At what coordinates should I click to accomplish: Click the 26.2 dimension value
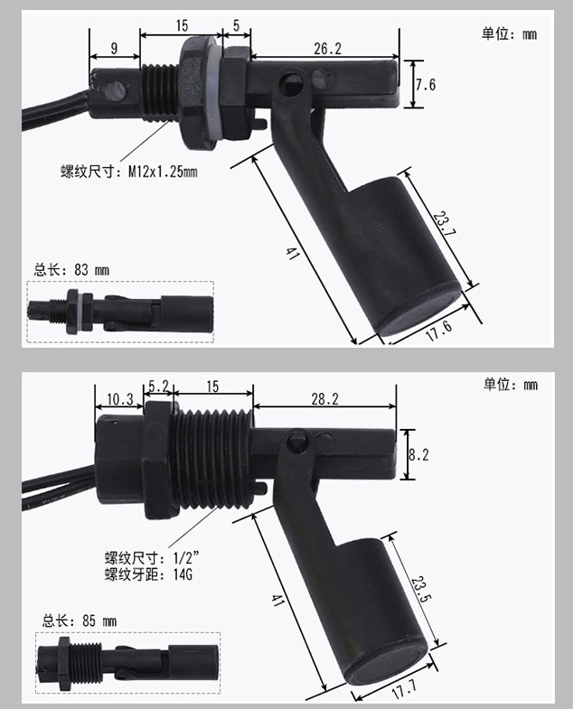(x=328, y=49)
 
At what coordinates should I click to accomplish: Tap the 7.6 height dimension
(x=426, y=85)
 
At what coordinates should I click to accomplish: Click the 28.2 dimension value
(x=324, y=399)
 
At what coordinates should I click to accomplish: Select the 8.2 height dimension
(x=418, y=454)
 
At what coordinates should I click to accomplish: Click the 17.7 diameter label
(x=404, y=688)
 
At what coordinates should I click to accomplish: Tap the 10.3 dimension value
(x=120, y=399)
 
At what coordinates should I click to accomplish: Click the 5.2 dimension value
(x=158, y=387)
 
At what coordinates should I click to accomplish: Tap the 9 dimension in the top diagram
(x=114, y=48)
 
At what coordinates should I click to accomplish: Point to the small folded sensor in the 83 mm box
(x=120, y=312)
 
